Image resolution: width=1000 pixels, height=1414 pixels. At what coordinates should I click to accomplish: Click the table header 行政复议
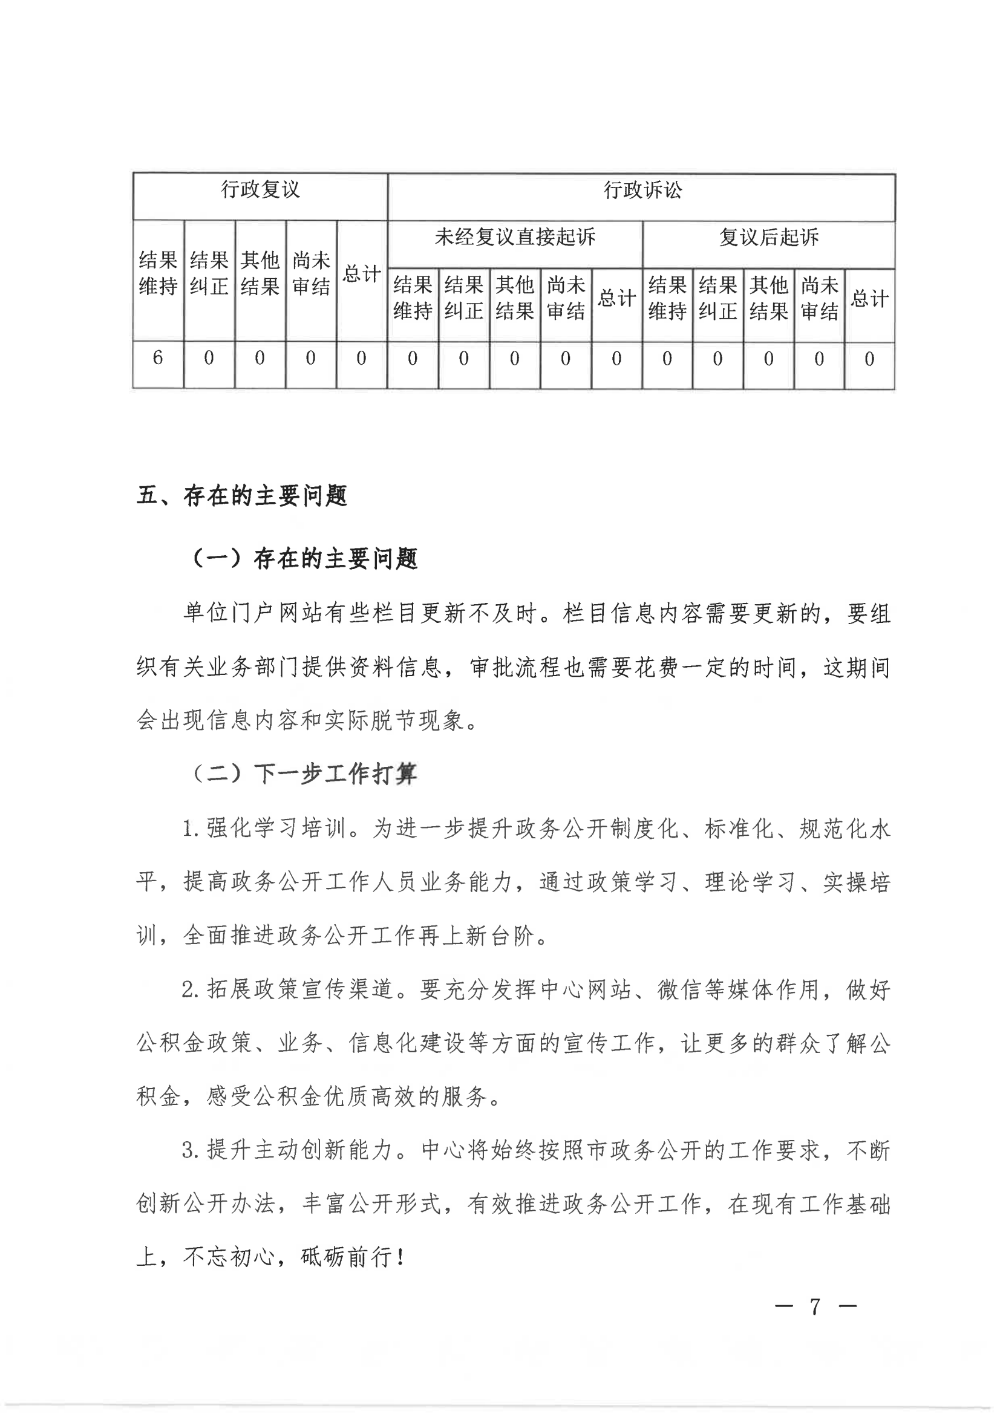tap(260, 190)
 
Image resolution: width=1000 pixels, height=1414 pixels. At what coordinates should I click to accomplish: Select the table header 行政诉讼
tap(642, 191)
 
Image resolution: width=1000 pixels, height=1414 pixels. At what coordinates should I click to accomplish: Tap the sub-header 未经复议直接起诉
tap(514, 237)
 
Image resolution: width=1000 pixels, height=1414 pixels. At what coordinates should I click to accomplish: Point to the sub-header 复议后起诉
tap(768, 238)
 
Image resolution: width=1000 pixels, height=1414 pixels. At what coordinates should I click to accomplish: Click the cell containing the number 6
tap(158, 358)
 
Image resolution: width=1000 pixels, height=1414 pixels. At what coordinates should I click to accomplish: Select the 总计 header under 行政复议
tap(362, 274)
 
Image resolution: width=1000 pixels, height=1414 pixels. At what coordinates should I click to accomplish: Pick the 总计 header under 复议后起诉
tap(869, 299)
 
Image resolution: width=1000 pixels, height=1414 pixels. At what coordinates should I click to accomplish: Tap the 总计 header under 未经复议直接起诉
tap(616, 299)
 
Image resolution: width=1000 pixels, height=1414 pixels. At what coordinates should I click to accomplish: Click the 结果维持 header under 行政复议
tap(158, 273)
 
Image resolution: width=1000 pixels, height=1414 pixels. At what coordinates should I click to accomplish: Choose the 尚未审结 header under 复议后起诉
tap(819, 298)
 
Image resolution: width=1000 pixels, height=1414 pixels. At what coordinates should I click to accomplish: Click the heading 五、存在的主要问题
tap(242, 496)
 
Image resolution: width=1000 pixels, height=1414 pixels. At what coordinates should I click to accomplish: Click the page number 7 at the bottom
tap(815, 1306)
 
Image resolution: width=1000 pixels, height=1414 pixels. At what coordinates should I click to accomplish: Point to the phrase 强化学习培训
tap(275, 829)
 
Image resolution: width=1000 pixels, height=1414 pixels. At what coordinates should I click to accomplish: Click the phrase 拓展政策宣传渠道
tap(299, 989)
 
